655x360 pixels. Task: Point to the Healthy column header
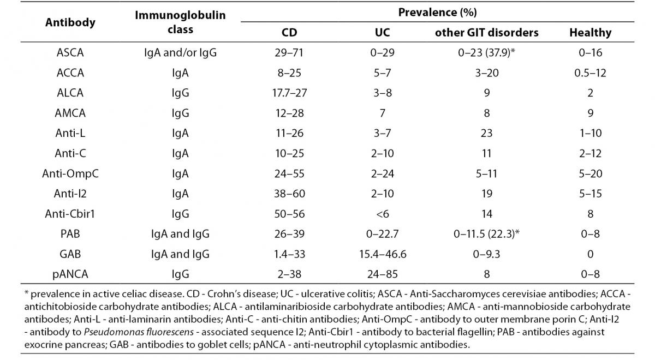(590, 33)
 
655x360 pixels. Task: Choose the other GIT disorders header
(486, 33)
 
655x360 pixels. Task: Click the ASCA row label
(70, 53)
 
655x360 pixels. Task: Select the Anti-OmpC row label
(70, 173)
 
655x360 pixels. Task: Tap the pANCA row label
(70, 275)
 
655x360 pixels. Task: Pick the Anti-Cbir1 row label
(70, 214)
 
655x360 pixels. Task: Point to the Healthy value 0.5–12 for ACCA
(590, 73)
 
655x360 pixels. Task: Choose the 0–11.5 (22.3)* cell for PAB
(486, 235)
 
